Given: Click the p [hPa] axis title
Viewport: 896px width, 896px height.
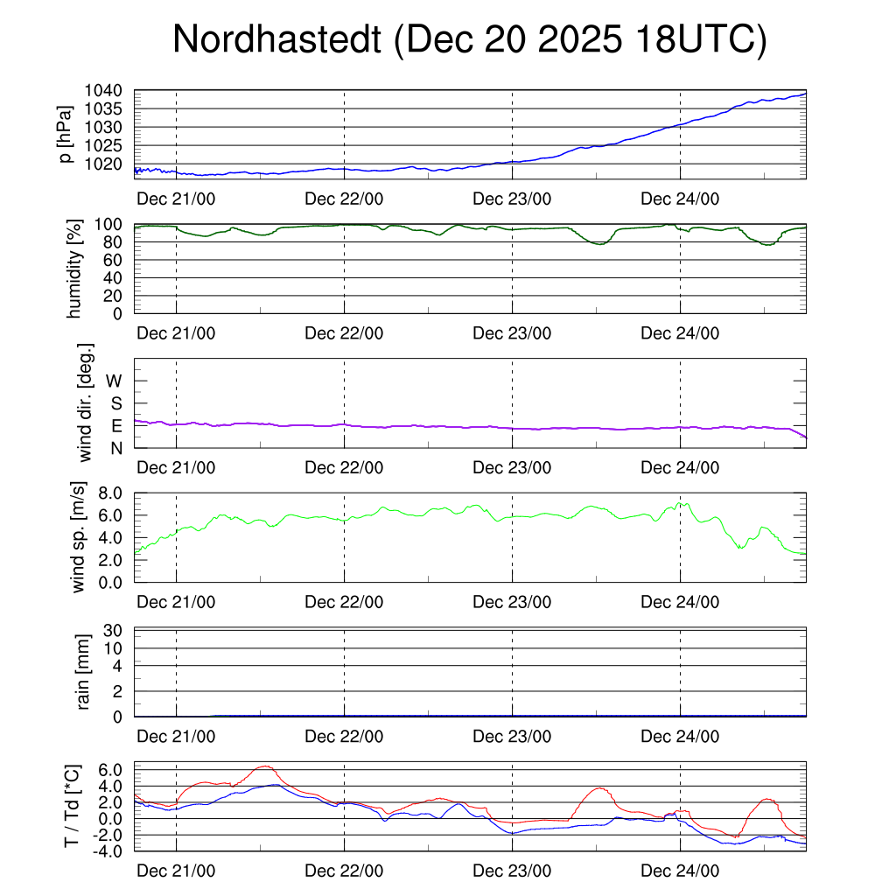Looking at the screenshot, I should click(64, 134).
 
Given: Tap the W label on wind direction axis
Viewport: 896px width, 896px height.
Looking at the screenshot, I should click(115, 381).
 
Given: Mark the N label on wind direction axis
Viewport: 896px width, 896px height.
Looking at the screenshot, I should click(116, 448).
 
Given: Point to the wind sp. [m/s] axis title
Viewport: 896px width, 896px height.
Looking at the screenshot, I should click(79, 536).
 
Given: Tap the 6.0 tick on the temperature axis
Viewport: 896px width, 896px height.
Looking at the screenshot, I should click(109, 770).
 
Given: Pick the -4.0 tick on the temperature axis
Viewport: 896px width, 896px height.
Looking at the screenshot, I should click(107, 850).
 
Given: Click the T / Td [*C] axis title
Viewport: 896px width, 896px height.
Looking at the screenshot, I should click(73, 806).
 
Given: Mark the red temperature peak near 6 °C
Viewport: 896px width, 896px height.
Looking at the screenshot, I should click(264, 766).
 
